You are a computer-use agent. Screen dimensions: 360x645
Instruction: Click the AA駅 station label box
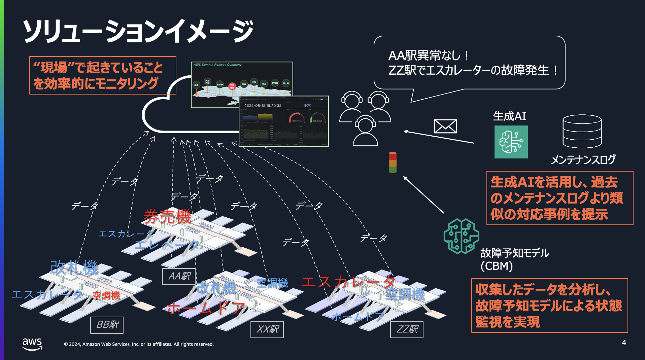(x=179, y=276)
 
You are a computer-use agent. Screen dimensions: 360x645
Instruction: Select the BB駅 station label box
(x=107, y=325)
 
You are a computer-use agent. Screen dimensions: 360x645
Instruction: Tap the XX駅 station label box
(x=267, y=329)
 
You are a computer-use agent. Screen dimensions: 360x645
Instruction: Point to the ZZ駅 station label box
(x=407, y=329)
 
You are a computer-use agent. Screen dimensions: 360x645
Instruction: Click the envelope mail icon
(x=445, y=127)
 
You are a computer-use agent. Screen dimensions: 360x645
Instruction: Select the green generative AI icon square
(x=511, y=142)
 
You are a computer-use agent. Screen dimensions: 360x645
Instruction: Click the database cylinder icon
(x=582, y=131)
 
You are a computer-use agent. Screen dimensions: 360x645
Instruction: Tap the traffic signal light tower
(x=393, y=162)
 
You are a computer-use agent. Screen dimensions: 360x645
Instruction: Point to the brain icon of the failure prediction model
(x=461, y=236)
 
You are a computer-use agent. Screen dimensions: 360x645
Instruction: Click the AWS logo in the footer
(x=32, y=344)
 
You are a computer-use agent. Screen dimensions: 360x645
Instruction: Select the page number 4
(x=624, y=343)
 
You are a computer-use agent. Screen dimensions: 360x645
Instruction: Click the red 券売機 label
(x=167, y=216)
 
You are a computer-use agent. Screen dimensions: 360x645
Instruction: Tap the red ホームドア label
(x=206, y=308)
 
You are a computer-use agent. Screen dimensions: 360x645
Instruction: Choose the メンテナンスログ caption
(x=583, y=159)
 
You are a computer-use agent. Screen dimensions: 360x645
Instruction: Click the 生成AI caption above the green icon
(x=509, y=116)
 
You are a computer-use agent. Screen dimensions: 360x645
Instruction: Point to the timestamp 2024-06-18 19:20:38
(x=263, y=106)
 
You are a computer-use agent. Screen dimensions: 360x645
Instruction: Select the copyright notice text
(x=139, y=344)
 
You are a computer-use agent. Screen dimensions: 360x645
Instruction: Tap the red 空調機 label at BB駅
(x=106, y=295)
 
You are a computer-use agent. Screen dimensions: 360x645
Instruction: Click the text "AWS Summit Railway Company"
(x=217, y=65)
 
